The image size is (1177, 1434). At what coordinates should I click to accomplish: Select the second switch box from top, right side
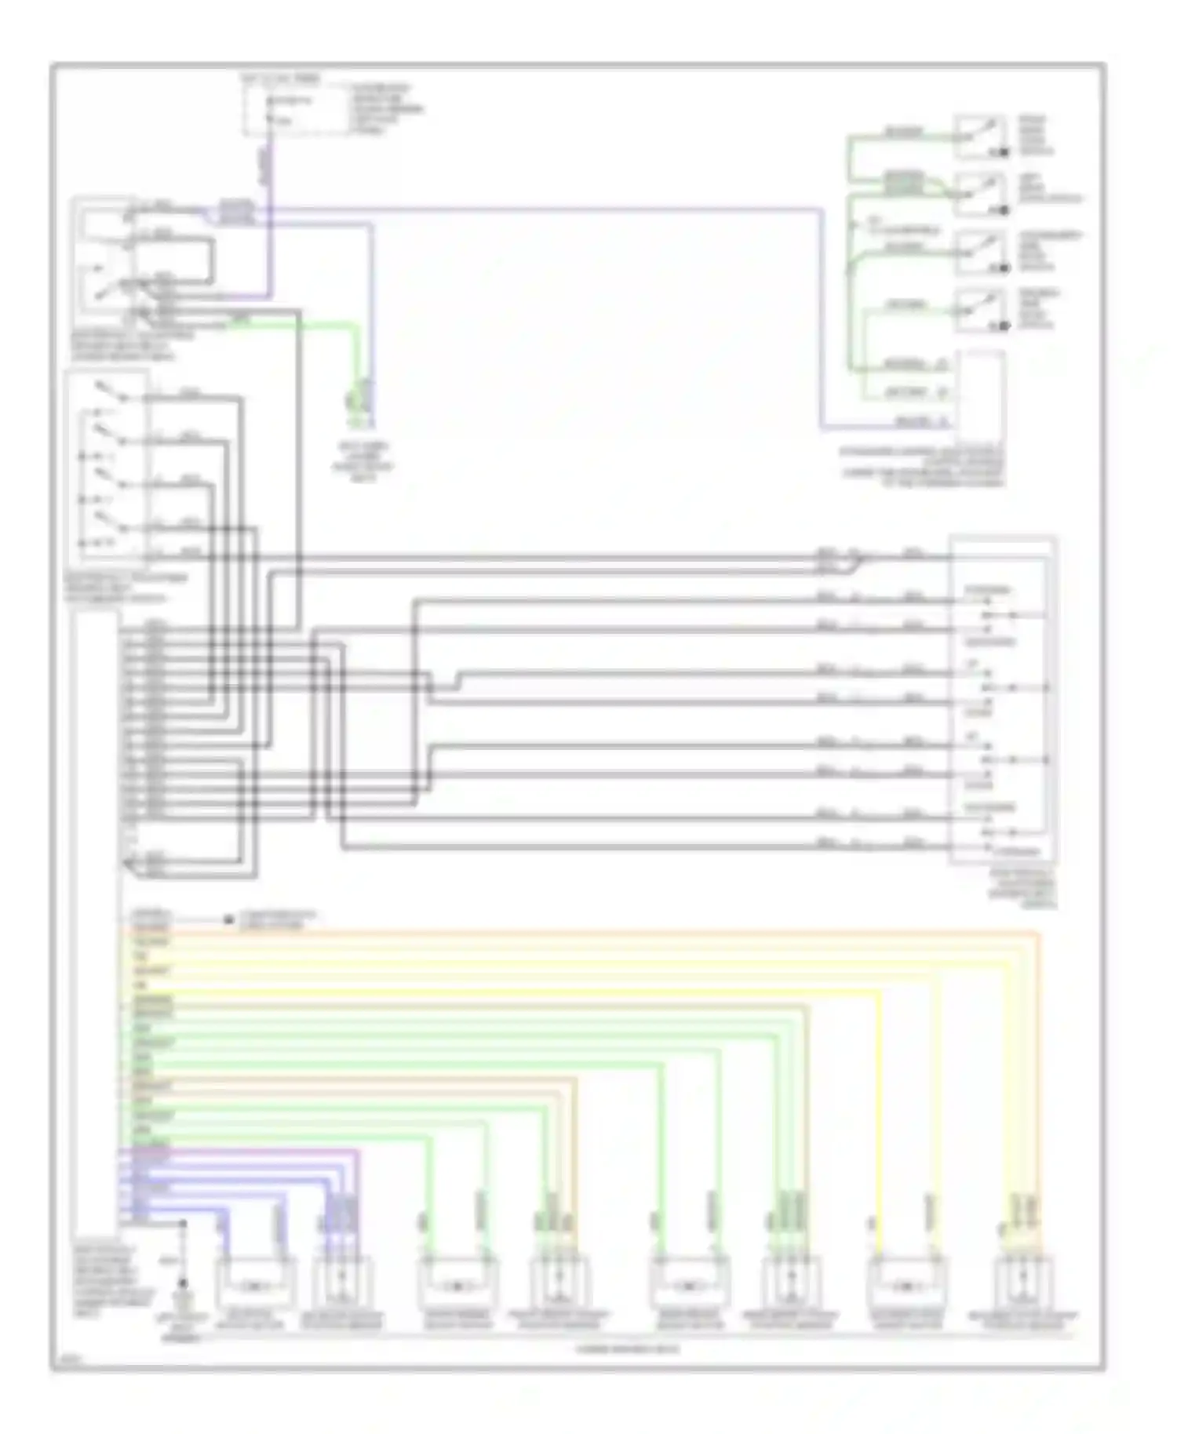pos(980,194)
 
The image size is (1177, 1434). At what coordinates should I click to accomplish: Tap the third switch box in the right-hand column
pos(980,253)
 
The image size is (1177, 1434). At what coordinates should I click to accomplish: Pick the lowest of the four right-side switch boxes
pos(980,311)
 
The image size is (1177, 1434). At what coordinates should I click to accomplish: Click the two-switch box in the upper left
pos(104,263)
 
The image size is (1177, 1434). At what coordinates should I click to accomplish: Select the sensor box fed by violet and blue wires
pos(342,1284)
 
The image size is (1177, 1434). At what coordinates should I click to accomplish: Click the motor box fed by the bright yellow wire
pos(906,1284)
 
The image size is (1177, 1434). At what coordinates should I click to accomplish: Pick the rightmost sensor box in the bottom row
pos(1022,1284)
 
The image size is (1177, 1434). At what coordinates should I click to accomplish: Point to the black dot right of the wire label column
pos(229,919)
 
